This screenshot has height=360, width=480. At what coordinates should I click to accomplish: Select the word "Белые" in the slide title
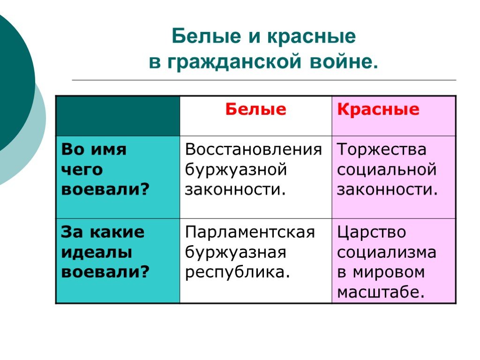207,37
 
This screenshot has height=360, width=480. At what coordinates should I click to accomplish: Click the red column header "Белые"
255,109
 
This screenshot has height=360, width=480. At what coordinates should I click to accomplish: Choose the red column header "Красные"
378,110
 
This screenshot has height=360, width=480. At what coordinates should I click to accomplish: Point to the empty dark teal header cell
118,116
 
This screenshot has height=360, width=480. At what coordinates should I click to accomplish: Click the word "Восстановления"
254,150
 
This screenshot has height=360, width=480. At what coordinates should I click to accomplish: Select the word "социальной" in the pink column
387,170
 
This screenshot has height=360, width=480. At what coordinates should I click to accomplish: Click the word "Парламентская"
250,232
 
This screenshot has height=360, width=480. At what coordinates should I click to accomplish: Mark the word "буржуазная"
236,253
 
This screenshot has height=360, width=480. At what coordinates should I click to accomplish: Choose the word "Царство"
372,232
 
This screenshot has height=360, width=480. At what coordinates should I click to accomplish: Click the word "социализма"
387,253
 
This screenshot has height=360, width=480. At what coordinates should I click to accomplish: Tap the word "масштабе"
381,292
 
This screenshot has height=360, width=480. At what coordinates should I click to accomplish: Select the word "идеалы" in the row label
97,253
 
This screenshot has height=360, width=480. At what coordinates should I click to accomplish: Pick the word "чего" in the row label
82,170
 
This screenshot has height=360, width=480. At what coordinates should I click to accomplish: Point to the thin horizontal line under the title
264,80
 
